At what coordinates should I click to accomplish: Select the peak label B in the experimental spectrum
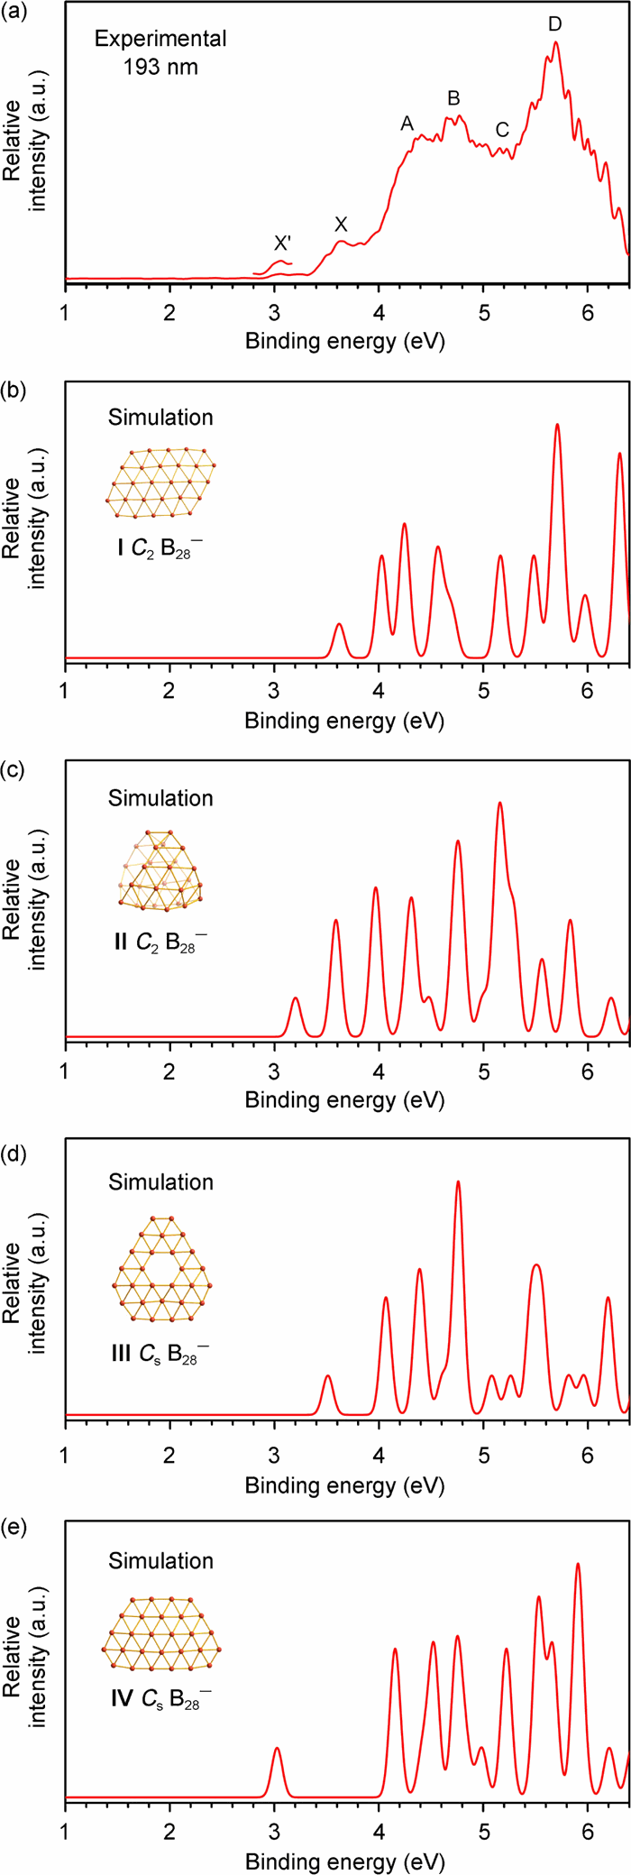tap(453, 98)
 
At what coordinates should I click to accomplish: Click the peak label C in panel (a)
tap(502, 130)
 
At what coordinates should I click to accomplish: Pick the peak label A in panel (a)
tap(407, 124)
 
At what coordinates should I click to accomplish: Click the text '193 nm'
tap(160, 67)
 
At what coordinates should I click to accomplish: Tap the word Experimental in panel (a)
tap(160, 40)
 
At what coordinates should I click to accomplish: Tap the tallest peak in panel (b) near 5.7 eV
tap(557, 426)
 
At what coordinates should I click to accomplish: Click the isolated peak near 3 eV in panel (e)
tap(277, 1748)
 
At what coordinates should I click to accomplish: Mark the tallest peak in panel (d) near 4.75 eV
tap(459, 1182)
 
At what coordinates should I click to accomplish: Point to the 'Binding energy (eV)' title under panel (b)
tap(344, 721)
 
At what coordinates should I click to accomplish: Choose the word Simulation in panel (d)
tap(160, 1181)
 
